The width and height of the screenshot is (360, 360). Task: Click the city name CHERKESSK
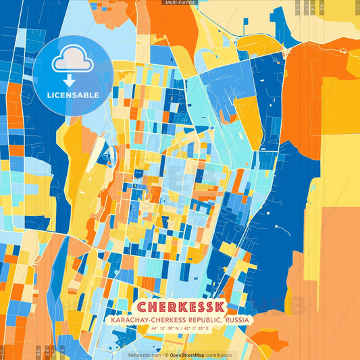pyautogui.click(x=180, y=307)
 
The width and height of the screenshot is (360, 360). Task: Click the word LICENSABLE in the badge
pyautogui.click(x=73, y=94)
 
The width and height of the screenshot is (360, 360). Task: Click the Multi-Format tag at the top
pyautogui.click(x=180, y=3)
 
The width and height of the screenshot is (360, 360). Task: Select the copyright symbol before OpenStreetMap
pyautogui.click(x=167, y=355)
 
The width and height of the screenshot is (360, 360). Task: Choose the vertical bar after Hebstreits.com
pyautogui.click(x=163, y=355)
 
